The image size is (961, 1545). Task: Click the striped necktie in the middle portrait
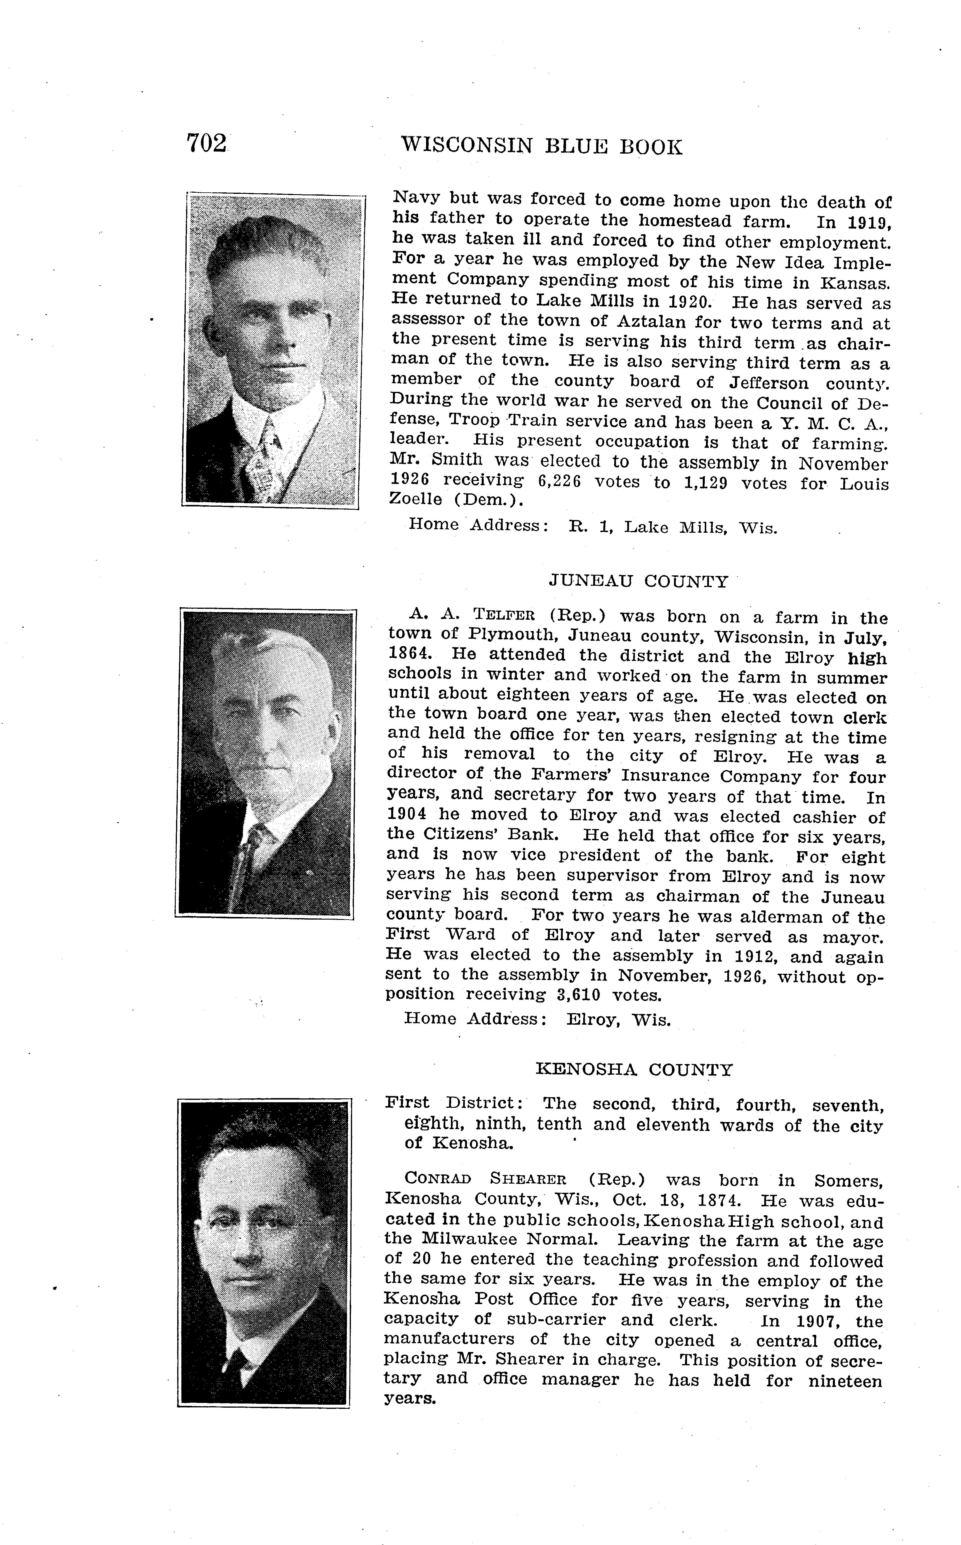251,858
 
